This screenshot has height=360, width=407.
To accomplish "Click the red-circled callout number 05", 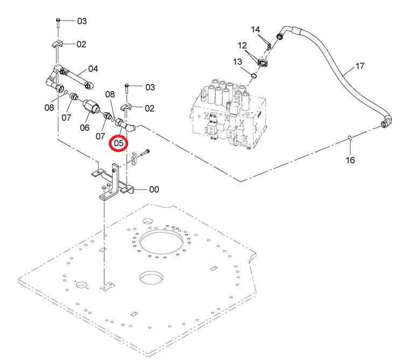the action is [118, 143].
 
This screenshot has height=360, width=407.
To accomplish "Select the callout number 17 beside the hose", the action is [360, 66].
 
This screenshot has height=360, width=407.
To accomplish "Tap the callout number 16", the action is [350, 160].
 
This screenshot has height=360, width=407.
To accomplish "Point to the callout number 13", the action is [237, 61].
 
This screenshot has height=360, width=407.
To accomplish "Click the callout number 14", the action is [255, 30].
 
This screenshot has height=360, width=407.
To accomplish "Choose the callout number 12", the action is [242, 45].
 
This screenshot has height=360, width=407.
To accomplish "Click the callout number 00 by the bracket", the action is [154, 190].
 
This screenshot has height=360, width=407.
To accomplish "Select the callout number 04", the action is [93, 69].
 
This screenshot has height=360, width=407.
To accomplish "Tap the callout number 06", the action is [85, 128].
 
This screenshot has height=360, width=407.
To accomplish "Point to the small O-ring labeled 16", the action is [349, 138].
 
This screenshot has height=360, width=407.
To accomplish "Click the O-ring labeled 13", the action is [254, 75].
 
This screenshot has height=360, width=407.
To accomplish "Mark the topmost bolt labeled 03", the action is [58, 23].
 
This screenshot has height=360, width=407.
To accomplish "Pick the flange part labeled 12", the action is [263, 63].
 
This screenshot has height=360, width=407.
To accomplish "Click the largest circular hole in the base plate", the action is [162, 243].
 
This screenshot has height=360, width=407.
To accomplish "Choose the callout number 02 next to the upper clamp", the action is [81, 44].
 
